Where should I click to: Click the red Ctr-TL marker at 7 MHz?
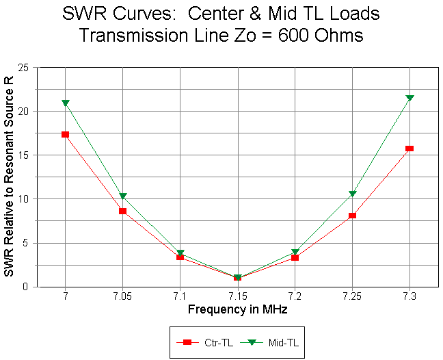point(65,134)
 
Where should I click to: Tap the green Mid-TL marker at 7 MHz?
point(65,103)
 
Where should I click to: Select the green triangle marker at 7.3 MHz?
point(410,99)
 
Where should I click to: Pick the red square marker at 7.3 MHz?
point(410,149)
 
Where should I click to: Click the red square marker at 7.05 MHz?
point(122,211)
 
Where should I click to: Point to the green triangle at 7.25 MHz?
point(352,194)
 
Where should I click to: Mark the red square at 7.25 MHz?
point(352,216)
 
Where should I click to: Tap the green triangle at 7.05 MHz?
point(122,197)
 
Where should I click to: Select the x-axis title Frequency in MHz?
point(237,309)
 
